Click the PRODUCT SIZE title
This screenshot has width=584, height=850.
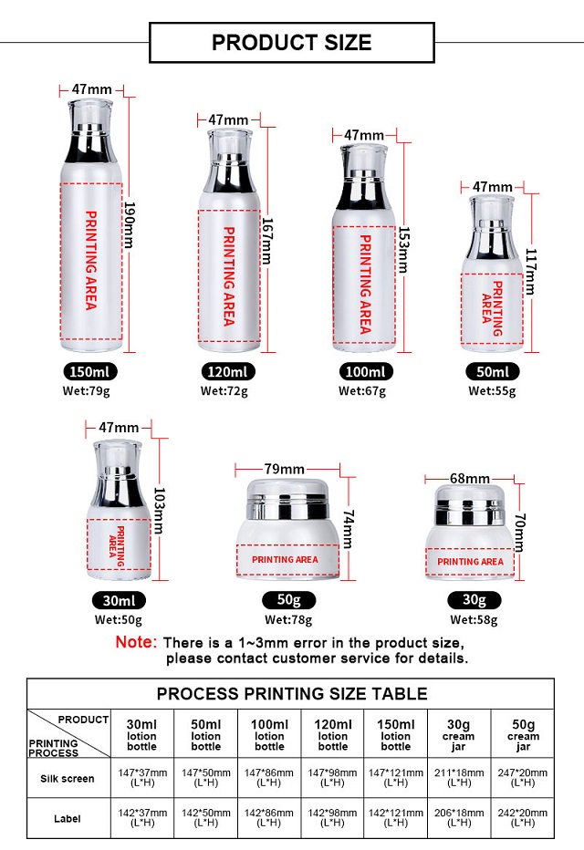[292, 42]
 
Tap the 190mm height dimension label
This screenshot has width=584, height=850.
[129, 224]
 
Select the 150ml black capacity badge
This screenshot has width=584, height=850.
[90, 372]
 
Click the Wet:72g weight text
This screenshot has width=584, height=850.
[224, 391]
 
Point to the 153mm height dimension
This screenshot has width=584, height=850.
[404, 249]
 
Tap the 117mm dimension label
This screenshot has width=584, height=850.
[530, 272]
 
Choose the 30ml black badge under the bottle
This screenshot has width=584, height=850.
[119, 601]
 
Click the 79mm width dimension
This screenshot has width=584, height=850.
[284, 469]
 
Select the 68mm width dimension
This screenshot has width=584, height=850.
[470, 479]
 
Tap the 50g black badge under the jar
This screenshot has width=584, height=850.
[288, 599]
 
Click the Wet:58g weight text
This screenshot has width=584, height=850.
[474, 619]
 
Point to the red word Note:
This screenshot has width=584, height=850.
[136, 642]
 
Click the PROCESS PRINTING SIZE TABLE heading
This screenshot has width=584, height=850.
[292, 694]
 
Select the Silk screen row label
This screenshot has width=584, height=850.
[68, 779]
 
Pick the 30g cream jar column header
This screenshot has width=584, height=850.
[458, 734]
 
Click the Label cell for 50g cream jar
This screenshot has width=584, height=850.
[522, 817]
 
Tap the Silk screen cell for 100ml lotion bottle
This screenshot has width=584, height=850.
[269, 777]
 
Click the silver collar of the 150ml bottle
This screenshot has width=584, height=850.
[90, 144]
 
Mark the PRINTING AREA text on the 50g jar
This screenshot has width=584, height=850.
[285, 559]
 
